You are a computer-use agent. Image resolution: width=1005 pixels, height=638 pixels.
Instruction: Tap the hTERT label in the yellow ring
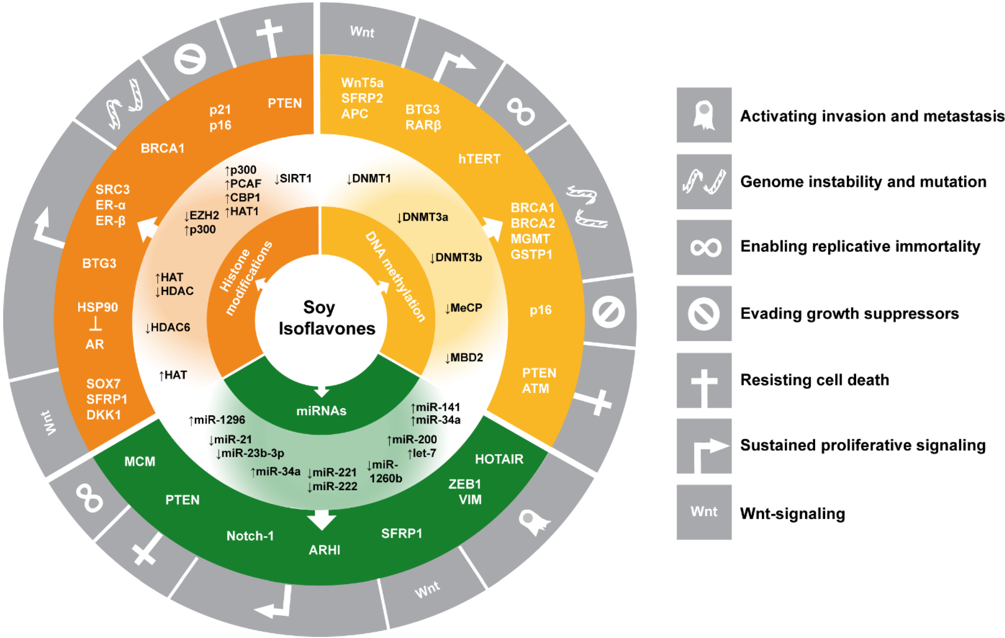click(479, 159)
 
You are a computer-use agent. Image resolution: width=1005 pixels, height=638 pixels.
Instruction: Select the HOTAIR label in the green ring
click(499, 459)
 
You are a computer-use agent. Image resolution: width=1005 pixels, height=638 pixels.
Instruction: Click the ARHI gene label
click(324, 550)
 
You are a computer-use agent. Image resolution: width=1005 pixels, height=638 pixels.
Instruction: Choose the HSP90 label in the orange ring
click(98, 307)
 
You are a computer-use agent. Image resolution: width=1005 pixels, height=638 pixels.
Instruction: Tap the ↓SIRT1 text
click(293, 179)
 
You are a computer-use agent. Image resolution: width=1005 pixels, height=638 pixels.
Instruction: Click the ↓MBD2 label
click(464, 358)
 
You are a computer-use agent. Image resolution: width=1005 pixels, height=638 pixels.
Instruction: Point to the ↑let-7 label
click(422, 453)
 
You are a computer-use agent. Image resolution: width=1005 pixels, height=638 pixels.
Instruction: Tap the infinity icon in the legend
click(704, 247)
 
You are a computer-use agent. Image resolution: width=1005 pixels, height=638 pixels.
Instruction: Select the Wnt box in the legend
click(704, 512)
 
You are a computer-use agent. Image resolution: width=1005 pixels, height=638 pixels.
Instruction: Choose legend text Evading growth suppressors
click(849, 313)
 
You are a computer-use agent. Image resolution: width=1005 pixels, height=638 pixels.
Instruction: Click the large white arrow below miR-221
click(321, 519)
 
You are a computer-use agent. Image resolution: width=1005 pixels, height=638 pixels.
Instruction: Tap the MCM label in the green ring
click(140, 462)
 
